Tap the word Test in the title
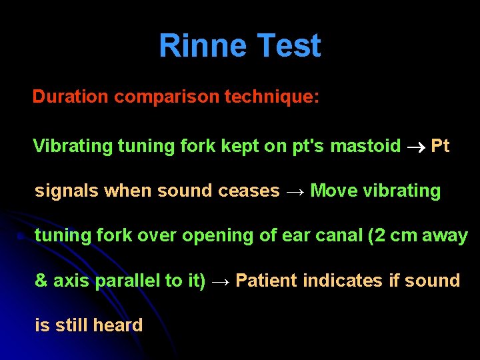pos(289,46)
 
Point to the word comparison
pos(166,97)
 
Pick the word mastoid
pos(366,145)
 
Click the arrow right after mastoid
pos(416,147)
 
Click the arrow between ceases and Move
pos(295,191)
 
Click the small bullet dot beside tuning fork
pos(21,237)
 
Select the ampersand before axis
pos(41,281)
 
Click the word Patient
pos(267,281)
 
